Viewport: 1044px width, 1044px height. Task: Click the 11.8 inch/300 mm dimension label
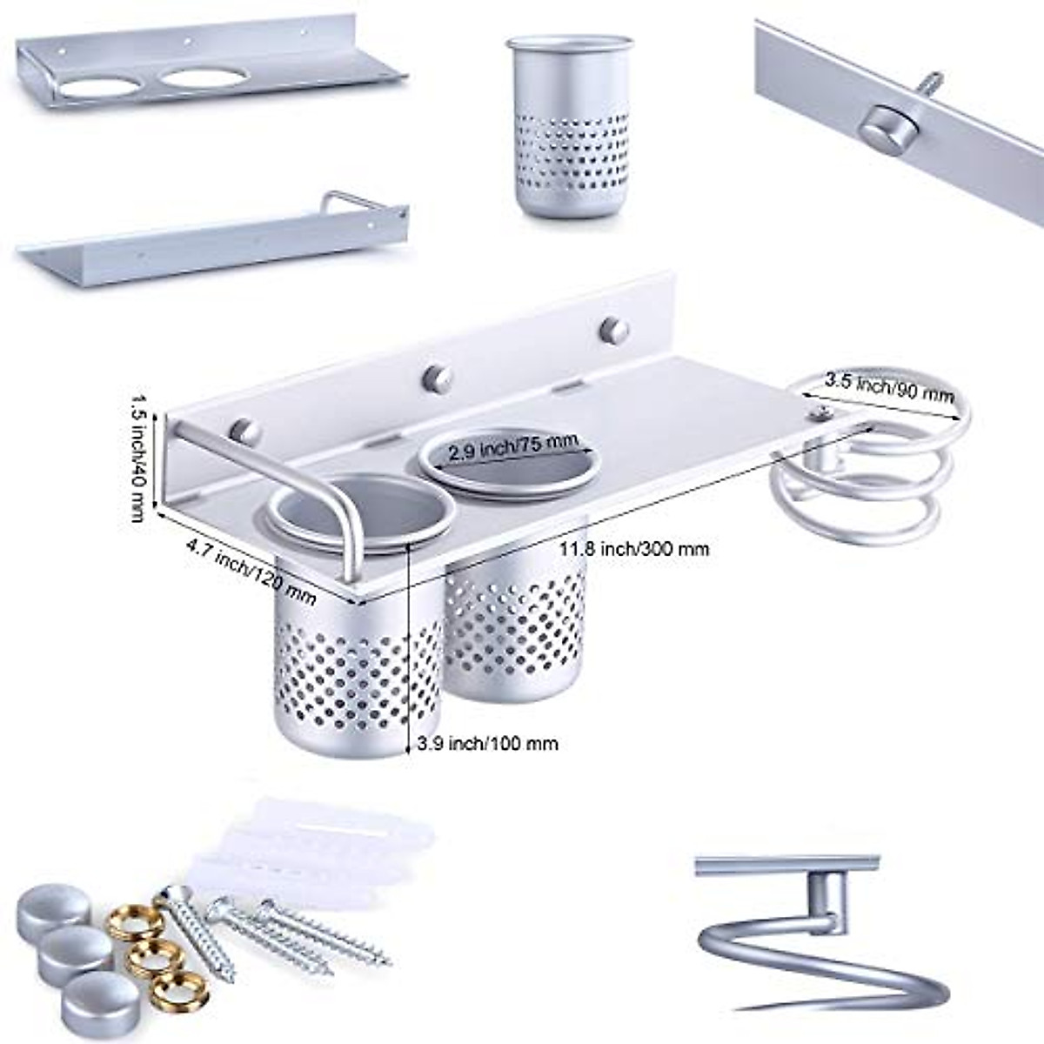coord(633,549)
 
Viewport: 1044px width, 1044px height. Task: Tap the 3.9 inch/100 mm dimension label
coord(487,743)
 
